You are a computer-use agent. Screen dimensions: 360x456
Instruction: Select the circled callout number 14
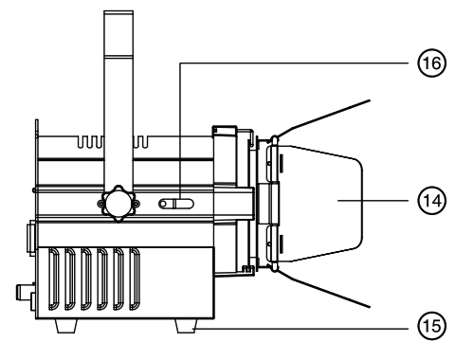[x=431, y=201]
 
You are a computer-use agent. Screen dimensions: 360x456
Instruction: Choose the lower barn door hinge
[x=271, y=242]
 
